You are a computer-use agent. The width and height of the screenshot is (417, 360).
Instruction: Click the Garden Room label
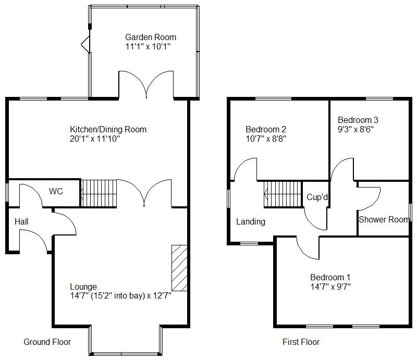(151, 37)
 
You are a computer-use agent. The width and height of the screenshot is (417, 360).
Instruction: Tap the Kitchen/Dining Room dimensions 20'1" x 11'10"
(108, 139)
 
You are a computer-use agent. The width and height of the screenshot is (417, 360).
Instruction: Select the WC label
(56, 191)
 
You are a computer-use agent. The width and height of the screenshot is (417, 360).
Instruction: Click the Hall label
(21, 222)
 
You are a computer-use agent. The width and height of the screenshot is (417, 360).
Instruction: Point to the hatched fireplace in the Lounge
(179, 268)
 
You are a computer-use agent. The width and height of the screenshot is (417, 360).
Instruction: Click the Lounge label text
(83, 287)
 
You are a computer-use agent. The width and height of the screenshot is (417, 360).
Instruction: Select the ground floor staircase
(99, 193)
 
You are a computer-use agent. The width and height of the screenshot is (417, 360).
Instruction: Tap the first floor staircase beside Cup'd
(283, 194)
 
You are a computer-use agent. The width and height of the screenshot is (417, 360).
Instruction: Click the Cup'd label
(317, 197)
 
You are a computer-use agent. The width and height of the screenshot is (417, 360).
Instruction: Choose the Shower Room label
(384, 219)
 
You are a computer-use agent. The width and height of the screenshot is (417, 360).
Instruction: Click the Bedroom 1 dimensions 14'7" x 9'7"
(330, 286)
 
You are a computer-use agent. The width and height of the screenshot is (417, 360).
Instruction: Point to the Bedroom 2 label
(266, 129)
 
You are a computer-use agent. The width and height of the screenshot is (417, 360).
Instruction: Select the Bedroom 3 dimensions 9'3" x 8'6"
(355, 129)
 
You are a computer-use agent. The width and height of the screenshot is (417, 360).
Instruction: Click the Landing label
(251, 222)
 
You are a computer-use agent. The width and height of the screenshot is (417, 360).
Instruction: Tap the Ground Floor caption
(47, 342)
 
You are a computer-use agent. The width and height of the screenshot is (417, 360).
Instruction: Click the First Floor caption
(301, 342)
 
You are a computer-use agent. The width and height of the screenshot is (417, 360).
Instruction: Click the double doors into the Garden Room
(146, 86)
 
